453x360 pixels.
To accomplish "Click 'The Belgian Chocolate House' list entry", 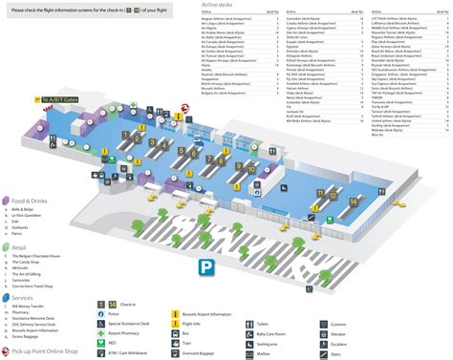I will [39, 259].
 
